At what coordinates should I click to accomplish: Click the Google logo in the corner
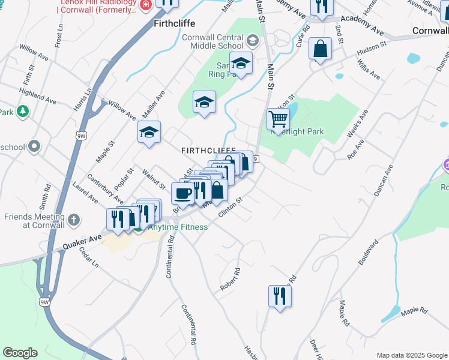(20, 353)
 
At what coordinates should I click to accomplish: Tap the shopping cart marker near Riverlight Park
(278, 119)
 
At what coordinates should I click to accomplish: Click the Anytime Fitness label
(178, 227)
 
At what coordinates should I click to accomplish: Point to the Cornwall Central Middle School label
(213, 41)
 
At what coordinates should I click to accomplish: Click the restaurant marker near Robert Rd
(280, 295)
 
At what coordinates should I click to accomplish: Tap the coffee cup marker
(182, 193)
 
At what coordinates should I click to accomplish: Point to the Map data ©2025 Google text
(411, 355)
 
